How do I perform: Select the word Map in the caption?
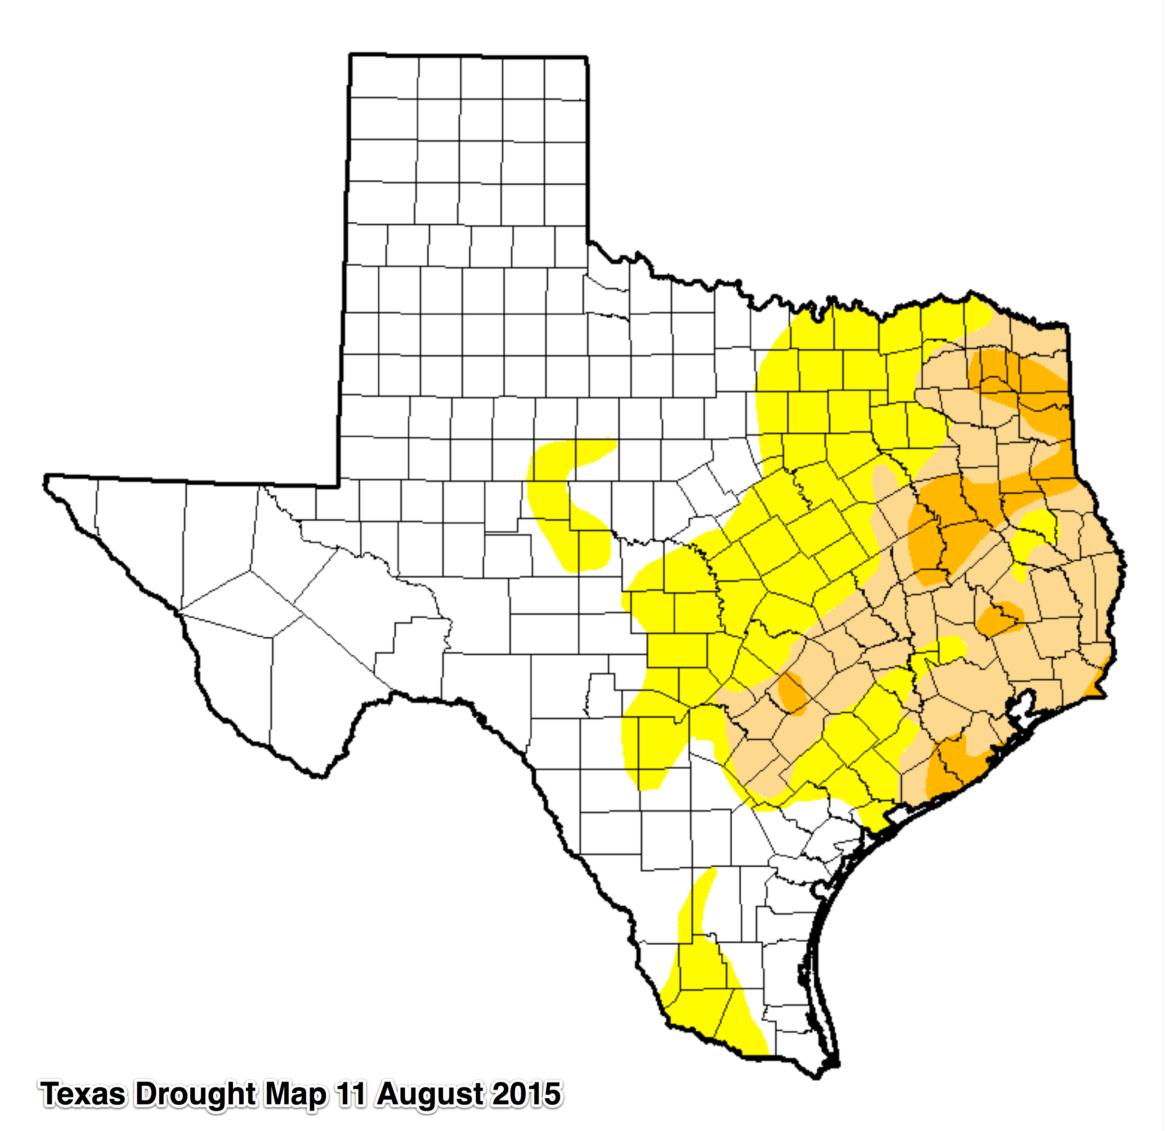coord(295,1094)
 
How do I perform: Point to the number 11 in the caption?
coord(351,1094)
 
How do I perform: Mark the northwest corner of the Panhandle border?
coord(350,55)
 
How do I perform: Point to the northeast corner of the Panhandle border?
coord(587,57)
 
